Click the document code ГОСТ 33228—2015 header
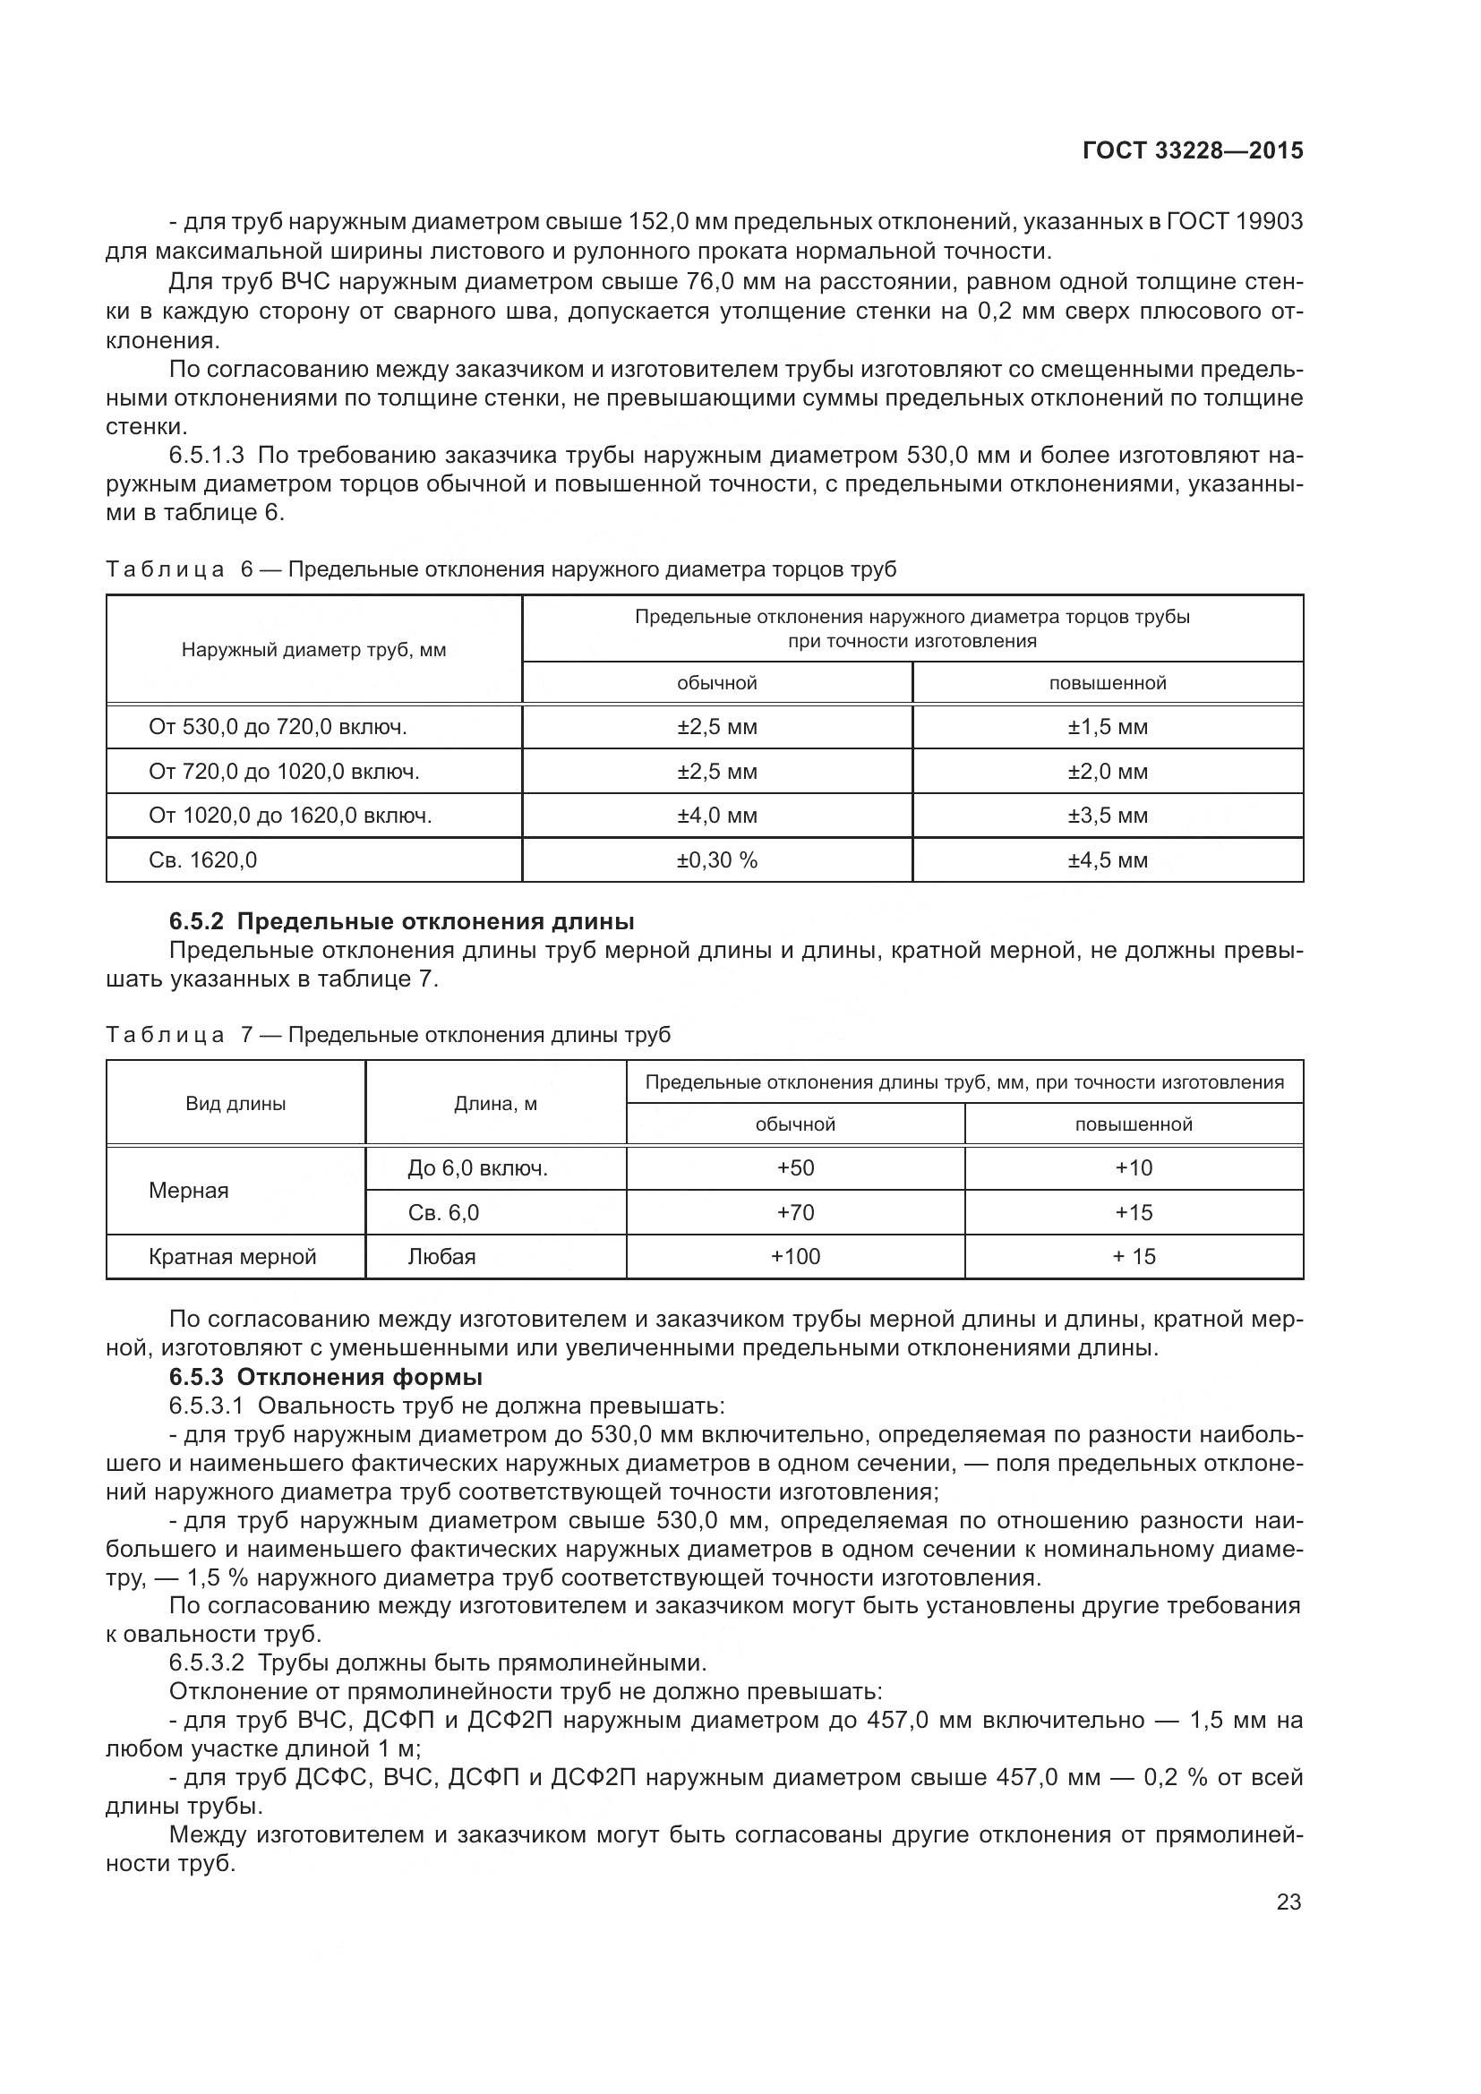point(1192,151)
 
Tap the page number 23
point(1288,1902)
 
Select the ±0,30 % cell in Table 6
point(717,860)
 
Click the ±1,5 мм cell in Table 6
point(1107,727)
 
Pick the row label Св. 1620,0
point(202,860)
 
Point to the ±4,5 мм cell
point(1107,860)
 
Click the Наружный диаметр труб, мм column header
point(313,650)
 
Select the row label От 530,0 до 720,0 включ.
point(278,727)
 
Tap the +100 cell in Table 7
point(795,1257)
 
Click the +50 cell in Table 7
point(795,1168)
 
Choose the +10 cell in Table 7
point(1134,1168)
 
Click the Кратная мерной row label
point(233,1257)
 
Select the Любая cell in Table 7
point(441,1257)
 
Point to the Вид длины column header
point(235,1104)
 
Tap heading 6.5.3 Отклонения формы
point(326,1376)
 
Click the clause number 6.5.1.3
point(206,455)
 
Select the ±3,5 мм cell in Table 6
point(1107,816)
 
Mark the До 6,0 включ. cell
point(477,1168)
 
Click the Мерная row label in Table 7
point(189,1190)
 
